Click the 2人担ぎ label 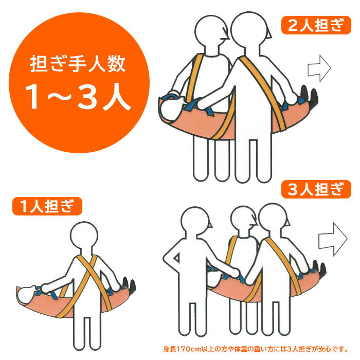click(316, 25)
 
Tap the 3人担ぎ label click(316, 189)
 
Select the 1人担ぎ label click(47, 206)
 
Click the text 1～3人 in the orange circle click(78, 97)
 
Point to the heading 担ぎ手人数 click(78, 64)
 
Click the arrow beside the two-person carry click(319, 68)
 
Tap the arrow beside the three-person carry click(333, 239)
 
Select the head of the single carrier click(84, 236)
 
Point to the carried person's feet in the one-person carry click(129, 285)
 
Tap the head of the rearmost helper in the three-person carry click(195, 221)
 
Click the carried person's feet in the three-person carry click(319, 269)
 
